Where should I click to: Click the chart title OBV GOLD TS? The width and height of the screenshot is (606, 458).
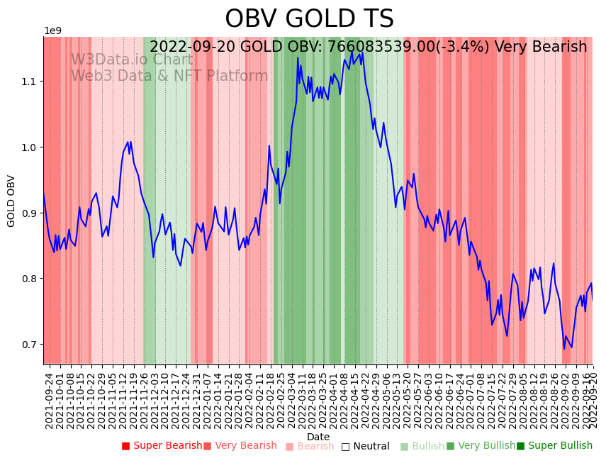tap(309, 19)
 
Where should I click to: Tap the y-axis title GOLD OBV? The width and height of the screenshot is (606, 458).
tap(11, 201)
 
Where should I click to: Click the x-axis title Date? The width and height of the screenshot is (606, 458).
tap(318, 437)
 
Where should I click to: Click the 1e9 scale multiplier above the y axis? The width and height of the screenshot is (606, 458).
tap(53, 31)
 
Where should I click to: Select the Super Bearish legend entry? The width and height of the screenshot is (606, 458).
tap(162, 446)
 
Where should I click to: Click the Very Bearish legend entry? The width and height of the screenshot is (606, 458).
tap(240, 446)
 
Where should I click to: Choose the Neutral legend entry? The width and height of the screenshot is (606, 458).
tap(366, 447)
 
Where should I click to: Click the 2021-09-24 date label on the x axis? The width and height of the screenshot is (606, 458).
tap(50, 401)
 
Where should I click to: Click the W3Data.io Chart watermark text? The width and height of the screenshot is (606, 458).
tap(131, 60)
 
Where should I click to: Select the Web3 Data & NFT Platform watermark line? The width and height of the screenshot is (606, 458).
tap(169, 76)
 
